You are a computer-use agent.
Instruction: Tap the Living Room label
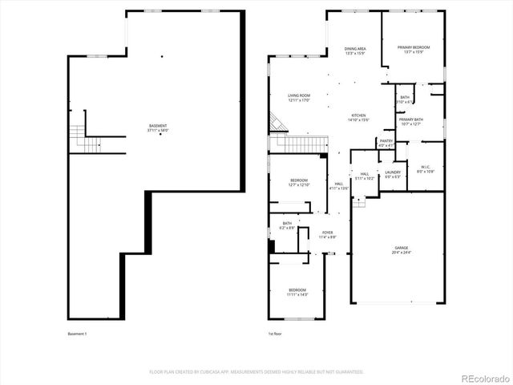point(299,97)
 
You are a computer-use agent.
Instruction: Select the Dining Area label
point(355,50)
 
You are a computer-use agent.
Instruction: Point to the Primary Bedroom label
point(414,50)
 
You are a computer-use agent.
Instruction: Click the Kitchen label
point(358,117)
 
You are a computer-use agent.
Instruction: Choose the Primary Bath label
point(410,121)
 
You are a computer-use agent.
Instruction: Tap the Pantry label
point(386,143)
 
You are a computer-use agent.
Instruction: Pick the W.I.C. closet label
point(425,168)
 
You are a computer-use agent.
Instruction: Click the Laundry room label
point(392,174)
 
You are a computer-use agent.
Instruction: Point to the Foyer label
point(328,234)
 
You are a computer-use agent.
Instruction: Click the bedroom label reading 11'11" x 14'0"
point(297,291)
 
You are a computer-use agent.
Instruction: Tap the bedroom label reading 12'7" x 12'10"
point(298,182)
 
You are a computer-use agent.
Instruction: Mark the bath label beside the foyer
point(286,226)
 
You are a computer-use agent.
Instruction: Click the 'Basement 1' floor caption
point(78,334)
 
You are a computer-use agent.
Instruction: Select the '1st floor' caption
point(276,334)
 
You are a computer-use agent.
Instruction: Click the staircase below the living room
point(299,144)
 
